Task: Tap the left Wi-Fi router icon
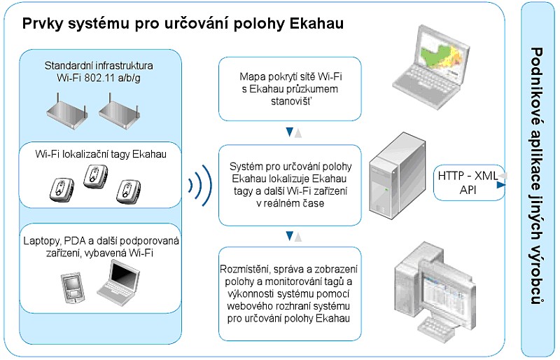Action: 67,111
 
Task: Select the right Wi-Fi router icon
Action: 119,111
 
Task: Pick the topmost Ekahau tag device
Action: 95,176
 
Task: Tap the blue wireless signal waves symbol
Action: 200,186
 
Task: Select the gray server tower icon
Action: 397,176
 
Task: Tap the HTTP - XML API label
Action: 468,183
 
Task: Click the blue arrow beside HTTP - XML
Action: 501,185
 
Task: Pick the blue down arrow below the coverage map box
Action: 290,132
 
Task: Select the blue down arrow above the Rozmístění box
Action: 290,236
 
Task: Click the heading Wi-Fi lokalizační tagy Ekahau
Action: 101,154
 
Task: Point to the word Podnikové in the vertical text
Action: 535,87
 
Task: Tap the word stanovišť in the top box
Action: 291,101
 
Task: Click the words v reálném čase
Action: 290,203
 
